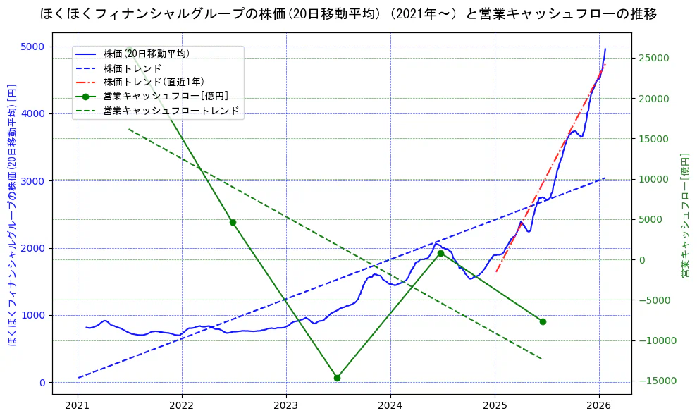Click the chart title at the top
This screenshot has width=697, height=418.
[348, 14]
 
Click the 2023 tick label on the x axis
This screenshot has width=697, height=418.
[286, 407]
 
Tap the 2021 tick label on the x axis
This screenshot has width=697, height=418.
[78, 407]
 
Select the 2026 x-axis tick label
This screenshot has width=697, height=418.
[599, 407]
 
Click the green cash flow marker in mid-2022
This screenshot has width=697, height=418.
[233, 222]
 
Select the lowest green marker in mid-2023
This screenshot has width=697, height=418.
[337, 378]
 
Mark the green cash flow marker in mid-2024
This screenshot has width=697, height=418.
[440, 253]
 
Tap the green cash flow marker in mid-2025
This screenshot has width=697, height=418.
[543, 321]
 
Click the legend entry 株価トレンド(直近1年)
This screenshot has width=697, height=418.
[163, 82]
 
